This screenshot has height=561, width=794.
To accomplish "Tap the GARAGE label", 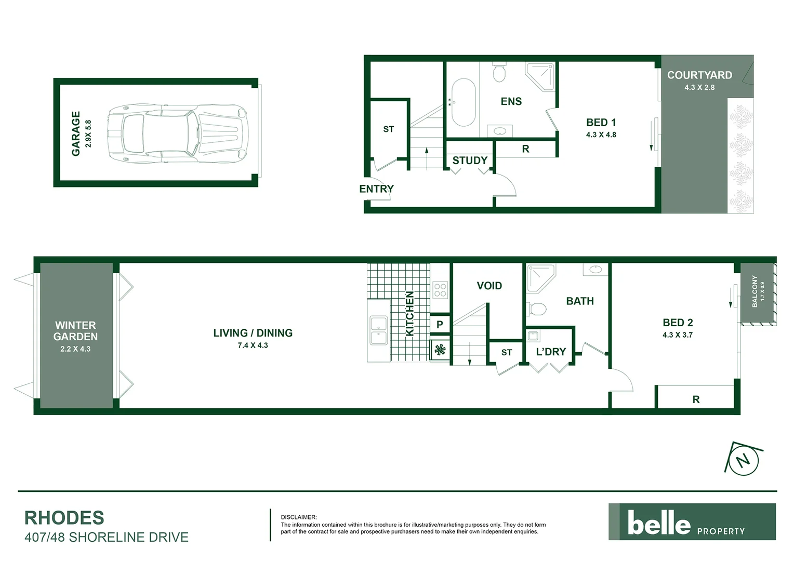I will tap(76, 133).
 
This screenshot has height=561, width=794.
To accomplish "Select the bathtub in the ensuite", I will tap(463, 102).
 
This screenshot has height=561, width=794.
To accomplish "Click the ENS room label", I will tap(511, 101).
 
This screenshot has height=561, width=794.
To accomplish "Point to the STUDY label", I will tap(470, 161).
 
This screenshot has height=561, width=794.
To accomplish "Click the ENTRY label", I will tap(376, 189).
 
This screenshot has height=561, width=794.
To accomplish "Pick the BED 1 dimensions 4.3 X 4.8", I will tap(601, 135).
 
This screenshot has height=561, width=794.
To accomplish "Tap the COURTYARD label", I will tap(699, 75).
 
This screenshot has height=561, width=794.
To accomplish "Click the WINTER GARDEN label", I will tap(75, 331).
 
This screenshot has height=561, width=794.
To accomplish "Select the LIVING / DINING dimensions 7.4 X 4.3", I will tap(253, 345).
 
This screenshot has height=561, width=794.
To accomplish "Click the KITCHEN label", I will tap(409, 313).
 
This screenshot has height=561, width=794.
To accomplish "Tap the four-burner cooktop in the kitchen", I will tap(440, 289).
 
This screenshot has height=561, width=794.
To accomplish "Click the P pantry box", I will tap(440, 325).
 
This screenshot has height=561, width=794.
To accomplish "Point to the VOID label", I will tap(489, 286).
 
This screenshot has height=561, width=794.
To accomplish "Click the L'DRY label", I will tap(551, 352).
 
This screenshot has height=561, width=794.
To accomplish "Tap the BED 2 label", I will tap(678, 323).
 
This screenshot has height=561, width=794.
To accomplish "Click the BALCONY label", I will tap(755, 291).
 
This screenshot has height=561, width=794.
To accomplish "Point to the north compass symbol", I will tap(744, 459).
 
